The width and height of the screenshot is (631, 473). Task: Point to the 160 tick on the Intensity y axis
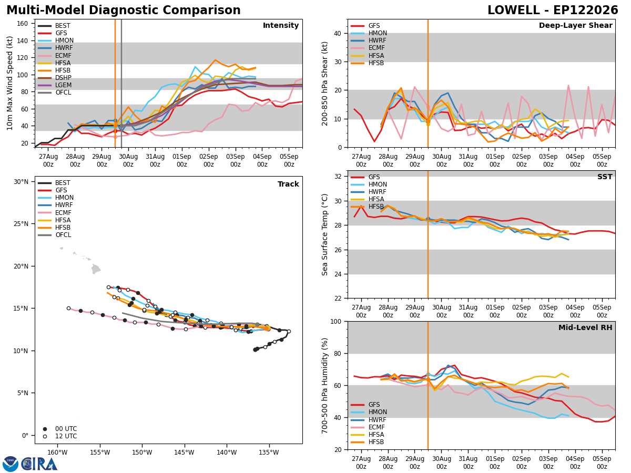tap(23, 24)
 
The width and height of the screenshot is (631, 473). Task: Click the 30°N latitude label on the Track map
tap(21, 181)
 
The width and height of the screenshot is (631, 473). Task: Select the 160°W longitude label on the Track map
tap(57, 453)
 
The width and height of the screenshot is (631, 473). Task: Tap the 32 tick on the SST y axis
tap(338, 177)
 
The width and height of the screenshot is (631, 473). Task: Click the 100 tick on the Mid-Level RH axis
tap(336, 322)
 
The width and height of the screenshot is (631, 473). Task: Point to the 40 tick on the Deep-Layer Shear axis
tap(338, 33)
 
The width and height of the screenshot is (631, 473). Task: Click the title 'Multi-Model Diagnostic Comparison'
tap(124, 11)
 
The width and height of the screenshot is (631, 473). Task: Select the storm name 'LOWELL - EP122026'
tap(553, 11)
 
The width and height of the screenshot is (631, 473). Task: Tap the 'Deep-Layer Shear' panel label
tap(575, 25)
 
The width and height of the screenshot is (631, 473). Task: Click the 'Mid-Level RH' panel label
tap(585, 327)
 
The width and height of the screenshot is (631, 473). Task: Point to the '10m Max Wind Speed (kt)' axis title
tap(9, 83)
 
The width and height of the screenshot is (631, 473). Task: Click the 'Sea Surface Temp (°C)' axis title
tap(324, 235)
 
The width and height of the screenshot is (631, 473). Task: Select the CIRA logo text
tap(39, 464)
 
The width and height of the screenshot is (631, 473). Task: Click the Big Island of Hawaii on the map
tap(96, 269)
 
